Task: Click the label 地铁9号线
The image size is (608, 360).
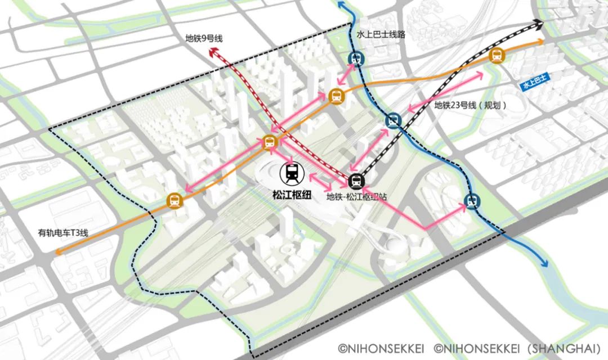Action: click(204, 39)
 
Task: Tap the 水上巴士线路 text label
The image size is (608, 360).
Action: click(381, 34)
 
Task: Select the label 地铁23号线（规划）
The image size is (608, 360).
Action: click(470, 105)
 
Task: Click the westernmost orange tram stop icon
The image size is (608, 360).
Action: click(175, 200)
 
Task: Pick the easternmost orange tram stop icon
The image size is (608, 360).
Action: click(497, 55)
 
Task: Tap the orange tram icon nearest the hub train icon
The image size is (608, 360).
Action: click(270, 142)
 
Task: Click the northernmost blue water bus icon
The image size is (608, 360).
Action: click(356, 58)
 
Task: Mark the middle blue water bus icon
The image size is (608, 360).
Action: click(393, 120)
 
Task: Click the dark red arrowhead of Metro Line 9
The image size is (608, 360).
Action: click(213, 52)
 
